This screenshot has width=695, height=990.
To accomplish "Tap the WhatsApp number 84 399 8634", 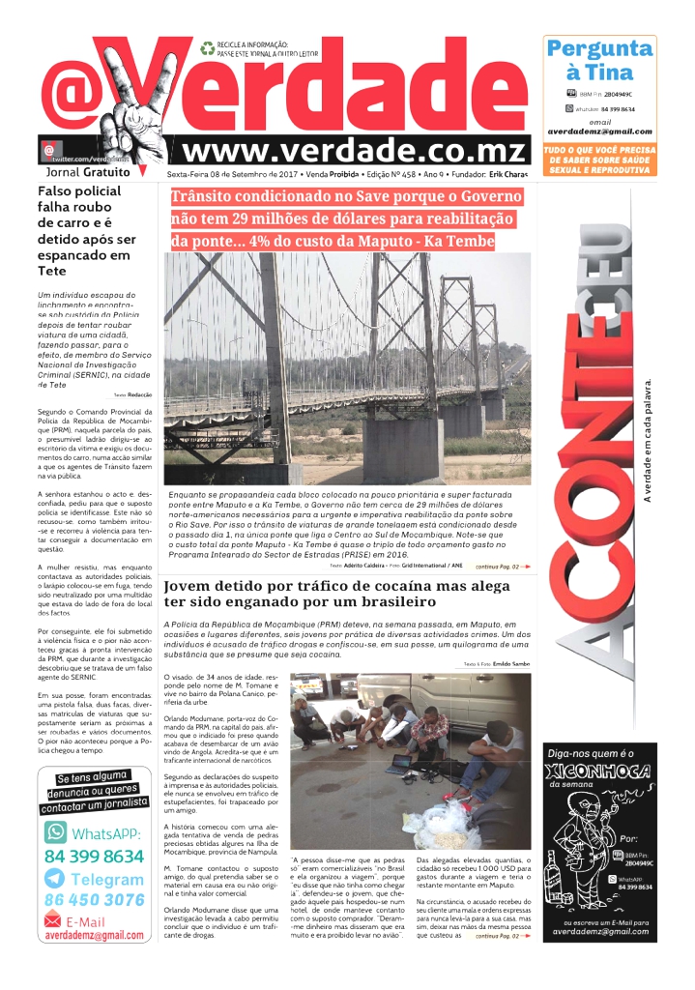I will tap(94, 856).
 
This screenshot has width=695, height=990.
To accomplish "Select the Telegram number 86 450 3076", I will tap(94, 900).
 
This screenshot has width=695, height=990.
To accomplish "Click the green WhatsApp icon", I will tap(56, 833).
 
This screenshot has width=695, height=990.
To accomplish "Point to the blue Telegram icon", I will tap(56, 879).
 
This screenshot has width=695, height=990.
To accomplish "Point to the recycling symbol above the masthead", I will tap(207, 47).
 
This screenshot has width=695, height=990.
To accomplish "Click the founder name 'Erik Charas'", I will tap(509, 175).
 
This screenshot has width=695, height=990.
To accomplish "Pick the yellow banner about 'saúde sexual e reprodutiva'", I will tap(598, 160).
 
